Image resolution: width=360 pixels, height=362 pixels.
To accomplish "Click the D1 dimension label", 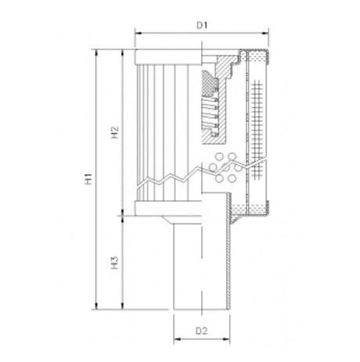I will click(201, 26).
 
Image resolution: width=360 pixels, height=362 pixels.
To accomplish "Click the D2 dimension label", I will click(201, 331).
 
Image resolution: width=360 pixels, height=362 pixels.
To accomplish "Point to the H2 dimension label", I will click(114, 132).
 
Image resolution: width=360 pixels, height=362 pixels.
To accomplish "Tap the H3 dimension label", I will click(114, 261).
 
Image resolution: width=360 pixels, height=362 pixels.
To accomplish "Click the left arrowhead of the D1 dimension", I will click(138, 34).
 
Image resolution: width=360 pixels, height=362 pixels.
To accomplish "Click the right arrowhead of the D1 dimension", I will click(270, 34).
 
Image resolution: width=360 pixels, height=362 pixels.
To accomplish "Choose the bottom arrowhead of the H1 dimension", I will click(96, 309).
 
